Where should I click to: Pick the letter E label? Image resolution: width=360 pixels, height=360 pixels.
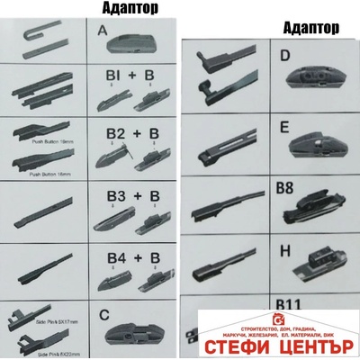[x=283, y=129]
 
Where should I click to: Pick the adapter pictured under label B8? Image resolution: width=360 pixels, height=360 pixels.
[x=310, y=212]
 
